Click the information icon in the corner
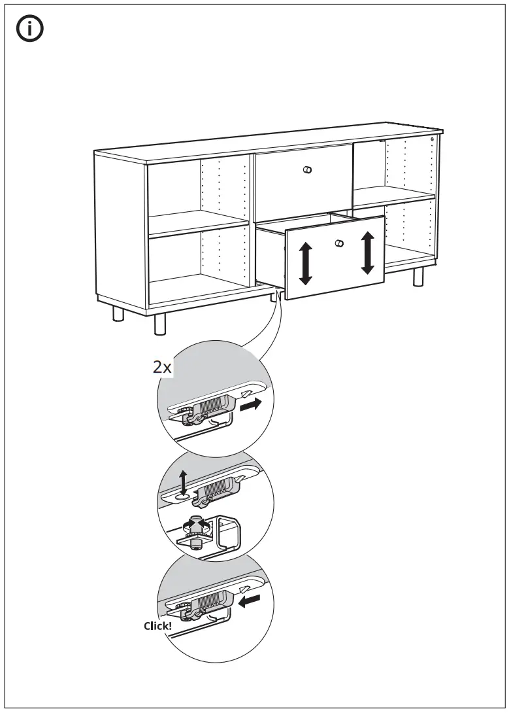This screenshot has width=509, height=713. [x=30, y=29]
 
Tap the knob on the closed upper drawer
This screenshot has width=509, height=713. [x=308, y=170]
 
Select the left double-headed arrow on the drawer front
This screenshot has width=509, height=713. [x=306, y=264]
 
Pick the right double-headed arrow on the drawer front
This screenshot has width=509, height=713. [x=368, y=253]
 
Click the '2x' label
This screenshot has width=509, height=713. [x=162, y=367]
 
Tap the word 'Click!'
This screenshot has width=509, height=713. [x=157, y=626]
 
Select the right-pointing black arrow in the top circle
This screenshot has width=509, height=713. [x=251, y=404]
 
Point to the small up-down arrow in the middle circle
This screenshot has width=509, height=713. [x=183, y=483]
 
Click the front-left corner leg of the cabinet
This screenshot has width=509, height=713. [x=160, y=324]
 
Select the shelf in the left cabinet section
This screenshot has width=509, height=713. [x=199, y=224]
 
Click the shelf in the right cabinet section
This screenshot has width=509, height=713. [x=393, y=196]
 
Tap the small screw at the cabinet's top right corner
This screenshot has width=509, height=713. [x=432, y=139]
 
